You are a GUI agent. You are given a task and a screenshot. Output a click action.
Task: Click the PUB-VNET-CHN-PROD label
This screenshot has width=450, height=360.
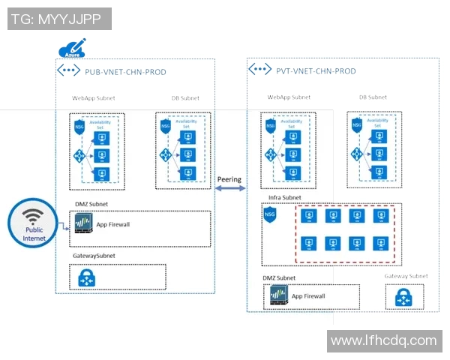[125, 72]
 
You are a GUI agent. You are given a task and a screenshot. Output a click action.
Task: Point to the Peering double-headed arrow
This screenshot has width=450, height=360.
[229, 189]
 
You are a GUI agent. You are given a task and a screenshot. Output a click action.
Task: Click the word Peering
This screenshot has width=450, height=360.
[229, 180]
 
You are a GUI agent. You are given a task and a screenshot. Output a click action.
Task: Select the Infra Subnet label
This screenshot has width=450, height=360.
[284, 198]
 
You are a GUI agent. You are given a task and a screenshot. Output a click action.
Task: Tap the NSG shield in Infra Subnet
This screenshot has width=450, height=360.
[271, 214]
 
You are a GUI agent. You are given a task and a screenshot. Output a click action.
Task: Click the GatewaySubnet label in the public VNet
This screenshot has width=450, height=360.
[94, 256]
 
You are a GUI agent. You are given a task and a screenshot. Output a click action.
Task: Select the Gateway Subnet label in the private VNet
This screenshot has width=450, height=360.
[406, 276]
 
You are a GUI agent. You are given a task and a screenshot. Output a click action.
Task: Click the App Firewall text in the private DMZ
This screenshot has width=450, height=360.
[308, 296]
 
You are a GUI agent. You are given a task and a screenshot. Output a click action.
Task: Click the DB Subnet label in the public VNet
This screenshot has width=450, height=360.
[184, 98]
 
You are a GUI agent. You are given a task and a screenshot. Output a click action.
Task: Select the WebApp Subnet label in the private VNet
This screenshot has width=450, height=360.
[289, 97]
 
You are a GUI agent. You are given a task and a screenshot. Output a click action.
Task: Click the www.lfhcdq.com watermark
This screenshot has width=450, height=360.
[383, 340]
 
